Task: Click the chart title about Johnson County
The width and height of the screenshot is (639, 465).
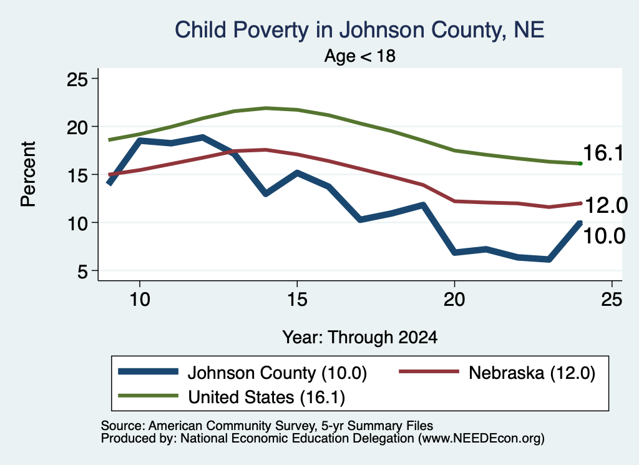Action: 359,30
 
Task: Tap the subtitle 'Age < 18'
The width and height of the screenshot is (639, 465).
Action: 360,56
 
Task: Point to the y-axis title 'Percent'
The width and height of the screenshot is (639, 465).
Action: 29,174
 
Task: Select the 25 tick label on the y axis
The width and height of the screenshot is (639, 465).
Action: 77,79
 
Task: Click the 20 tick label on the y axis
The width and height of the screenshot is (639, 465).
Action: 77,127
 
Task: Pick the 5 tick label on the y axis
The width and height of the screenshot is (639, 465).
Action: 83,272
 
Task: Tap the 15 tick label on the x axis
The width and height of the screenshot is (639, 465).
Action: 297,300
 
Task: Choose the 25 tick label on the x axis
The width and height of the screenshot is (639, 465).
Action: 612,300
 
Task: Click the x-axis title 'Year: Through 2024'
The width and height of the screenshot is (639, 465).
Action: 360,338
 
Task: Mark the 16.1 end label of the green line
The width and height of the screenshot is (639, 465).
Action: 603,154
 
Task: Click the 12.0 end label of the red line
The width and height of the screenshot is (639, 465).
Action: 606,205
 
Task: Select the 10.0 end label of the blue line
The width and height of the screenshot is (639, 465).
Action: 604,236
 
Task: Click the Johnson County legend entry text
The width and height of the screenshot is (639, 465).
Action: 277,373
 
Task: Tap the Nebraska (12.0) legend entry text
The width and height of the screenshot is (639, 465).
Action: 532,373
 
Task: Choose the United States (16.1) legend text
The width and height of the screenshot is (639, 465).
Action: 266,397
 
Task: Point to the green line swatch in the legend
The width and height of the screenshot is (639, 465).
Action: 148,396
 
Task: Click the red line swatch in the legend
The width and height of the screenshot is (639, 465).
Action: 429,371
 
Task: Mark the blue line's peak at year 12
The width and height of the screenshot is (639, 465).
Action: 203,137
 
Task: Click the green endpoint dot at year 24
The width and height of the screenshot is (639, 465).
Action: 580,164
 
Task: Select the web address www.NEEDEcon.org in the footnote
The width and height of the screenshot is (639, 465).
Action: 481,439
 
